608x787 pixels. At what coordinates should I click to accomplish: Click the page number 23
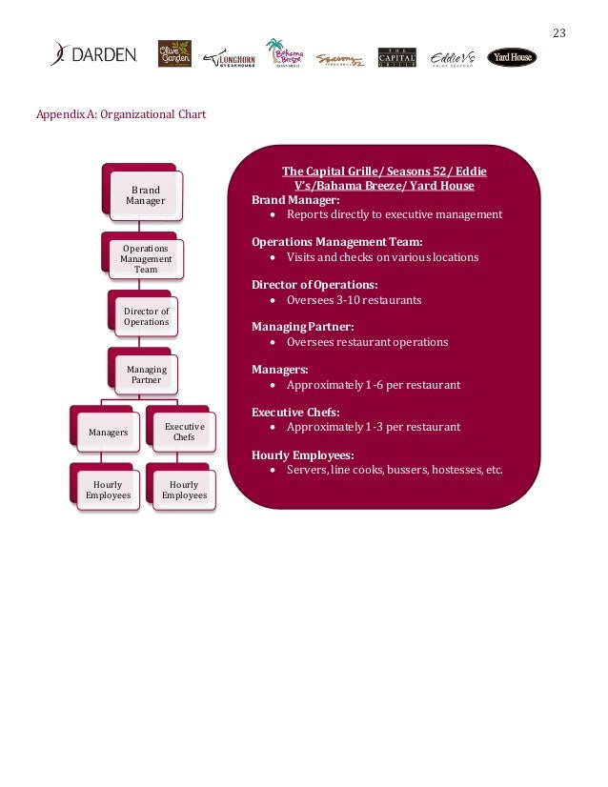559,33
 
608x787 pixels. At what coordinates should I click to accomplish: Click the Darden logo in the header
94,55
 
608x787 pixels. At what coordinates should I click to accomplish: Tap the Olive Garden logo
174,54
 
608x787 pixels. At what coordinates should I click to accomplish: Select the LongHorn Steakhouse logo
230,58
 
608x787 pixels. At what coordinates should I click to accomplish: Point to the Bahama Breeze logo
285,54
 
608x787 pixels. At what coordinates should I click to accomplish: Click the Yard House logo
512,58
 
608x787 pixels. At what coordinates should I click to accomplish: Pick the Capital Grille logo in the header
396,58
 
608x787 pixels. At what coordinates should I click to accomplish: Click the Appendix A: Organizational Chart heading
120,115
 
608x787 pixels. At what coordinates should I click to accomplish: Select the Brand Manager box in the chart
146,195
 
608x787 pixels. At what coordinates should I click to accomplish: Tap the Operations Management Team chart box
146,258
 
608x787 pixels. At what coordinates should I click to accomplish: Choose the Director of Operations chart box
146,317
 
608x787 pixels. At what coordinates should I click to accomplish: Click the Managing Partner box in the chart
146,374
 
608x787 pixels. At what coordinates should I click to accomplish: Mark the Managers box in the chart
108,433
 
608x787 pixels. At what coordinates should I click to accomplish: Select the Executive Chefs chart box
184,433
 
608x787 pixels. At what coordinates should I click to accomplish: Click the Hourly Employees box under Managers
108,490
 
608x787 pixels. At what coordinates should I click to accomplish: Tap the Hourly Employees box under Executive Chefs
184,490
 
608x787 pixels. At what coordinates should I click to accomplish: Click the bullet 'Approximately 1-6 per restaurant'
373,385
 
